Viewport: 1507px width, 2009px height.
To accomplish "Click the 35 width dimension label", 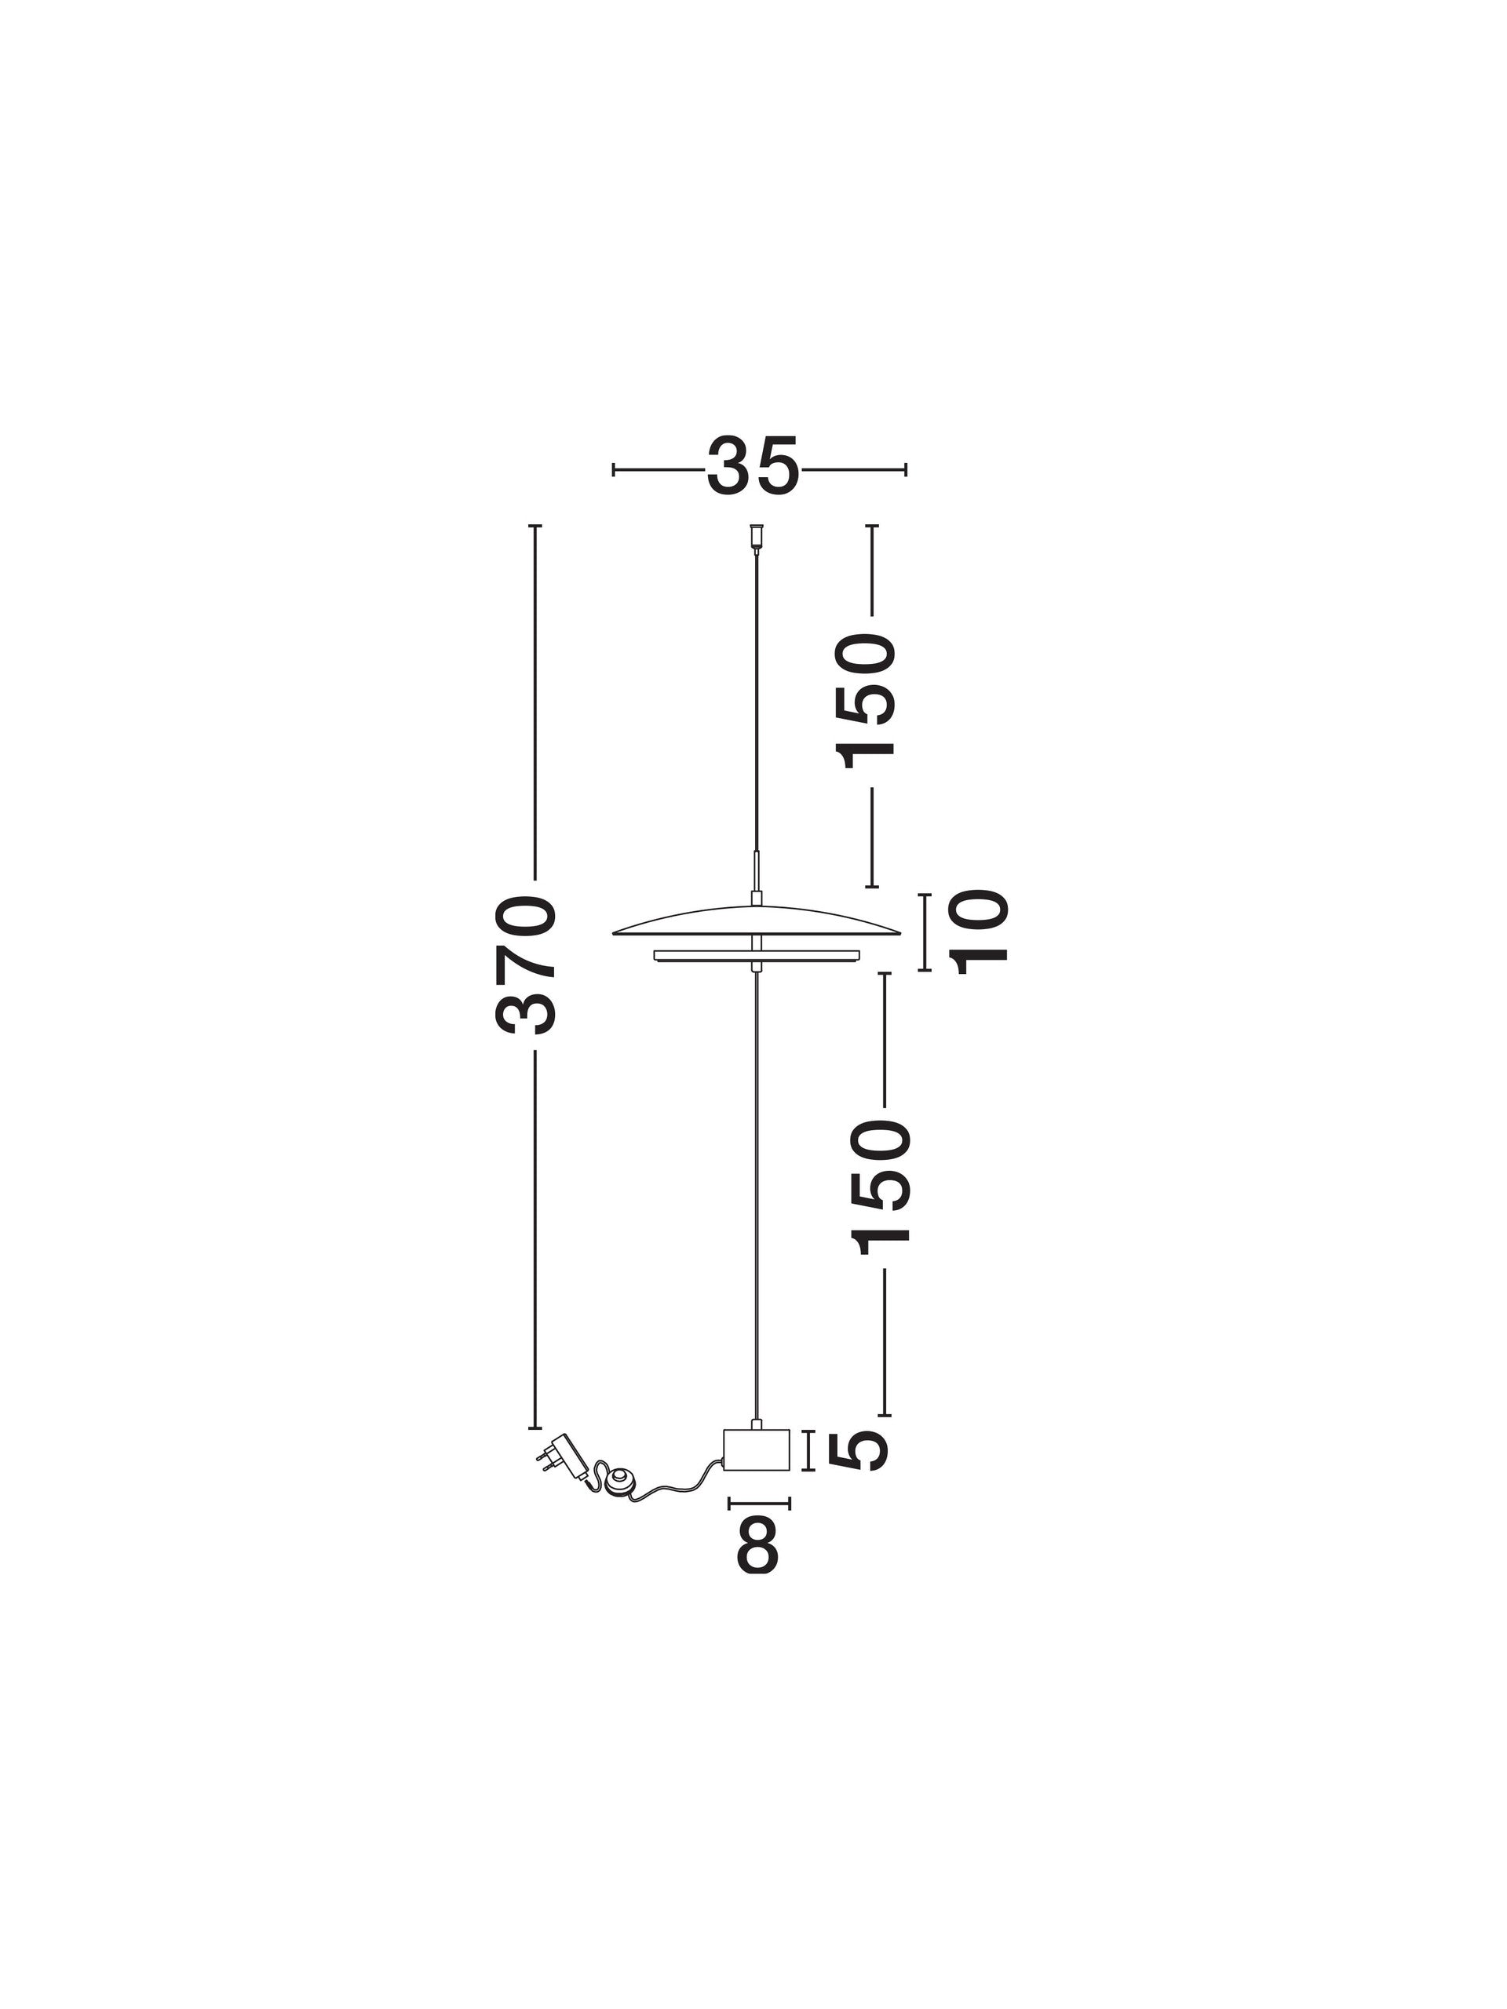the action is [x=753, y=467].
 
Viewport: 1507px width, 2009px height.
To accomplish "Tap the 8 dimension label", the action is [x=757, y=1543].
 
